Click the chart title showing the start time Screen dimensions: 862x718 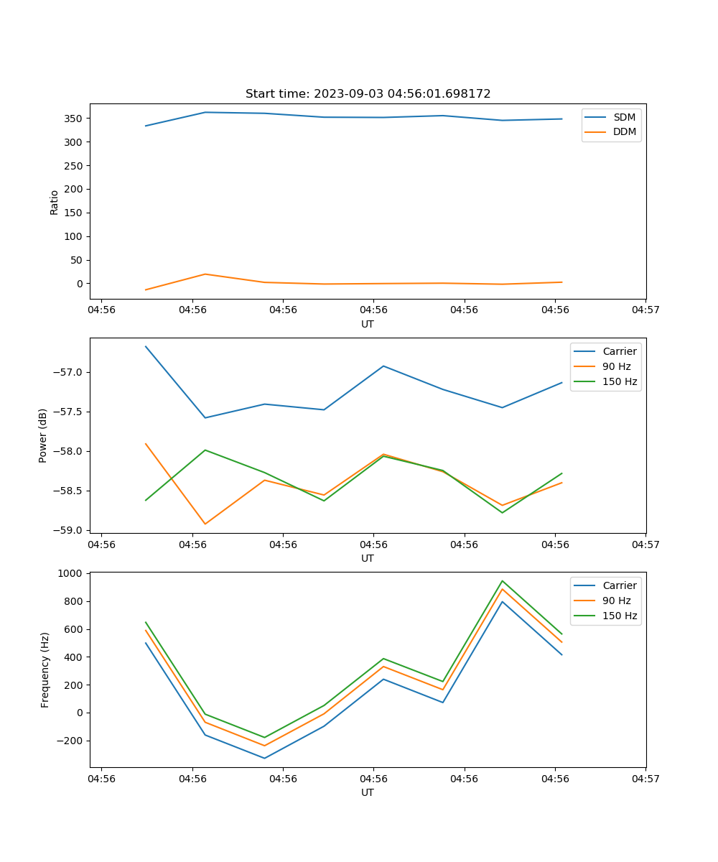368,94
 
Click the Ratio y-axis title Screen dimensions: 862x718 54,202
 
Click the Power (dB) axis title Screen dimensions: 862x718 43,435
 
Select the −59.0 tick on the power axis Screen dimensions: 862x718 68,530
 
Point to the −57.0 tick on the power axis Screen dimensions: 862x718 68,372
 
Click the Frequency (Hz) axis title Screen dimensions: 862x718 45,669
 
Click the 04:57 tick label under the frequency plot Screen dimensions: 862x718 645,778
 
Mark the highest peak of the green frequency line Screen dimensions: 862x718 502,581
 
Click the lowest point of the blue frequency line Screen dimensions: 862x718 264,758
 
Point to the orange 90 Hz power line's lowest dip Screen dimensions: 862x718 205,524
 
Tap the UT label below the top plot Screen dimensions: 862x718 368,324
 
